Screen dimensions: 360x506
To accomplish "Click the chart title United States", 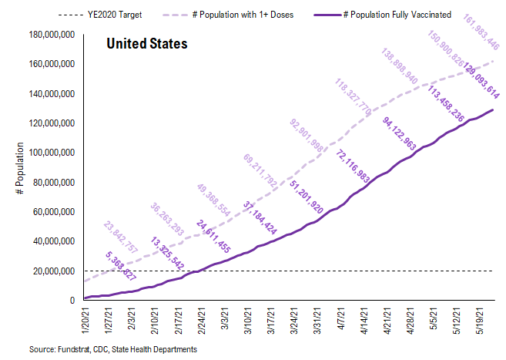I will (x=146, y=45).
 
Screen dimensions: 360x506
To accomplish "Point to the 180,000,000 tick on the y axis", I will (x=48, y=35).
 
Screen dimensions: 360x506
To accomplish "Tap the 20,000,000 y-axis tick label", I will (x=50, y=271).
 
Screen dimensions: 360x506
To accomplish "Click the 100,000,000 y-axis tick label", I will (x=48, y=153).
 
